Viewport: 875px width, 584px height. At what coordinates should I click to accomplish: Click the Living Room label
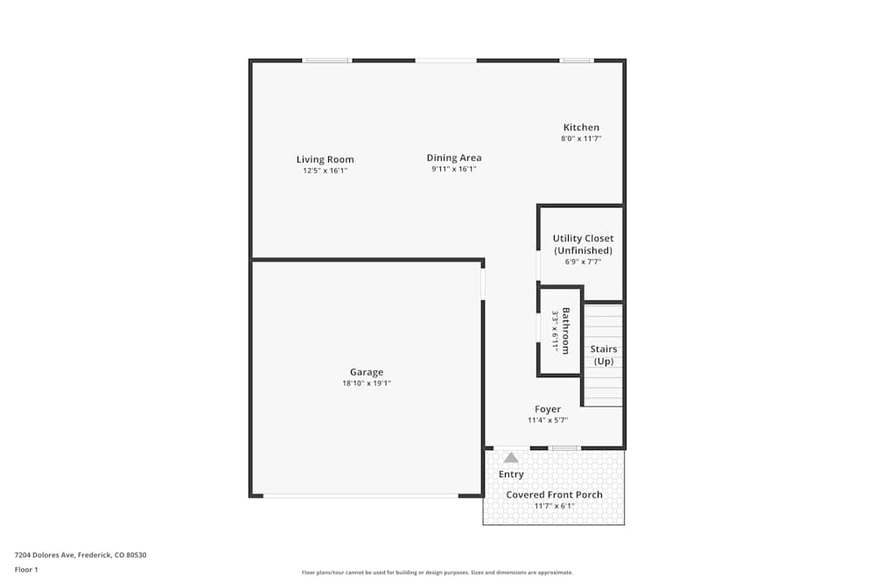[x=325, y=159]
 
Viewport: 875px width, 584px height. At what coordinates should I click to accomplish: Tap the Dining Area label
[x=454, y=158]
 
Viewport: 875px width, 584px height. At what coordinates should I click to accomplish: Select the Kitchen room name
[x=581, y=127]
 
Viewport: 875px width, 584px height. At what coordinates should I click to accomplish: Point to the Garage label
[x=367, y=372]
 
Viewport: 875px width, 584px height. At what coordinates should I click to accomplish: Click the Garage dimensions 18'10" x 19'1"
[x=367, y=383]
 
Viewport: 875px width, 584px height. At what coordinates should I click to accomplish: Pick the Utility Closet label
[x=583, y=238]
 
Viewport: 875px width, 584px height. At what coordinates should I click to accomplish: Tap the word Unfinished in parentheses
[x=583, y=250]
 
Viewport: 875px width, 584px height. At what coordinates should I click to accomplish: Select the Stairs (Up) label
[x=604, y=355]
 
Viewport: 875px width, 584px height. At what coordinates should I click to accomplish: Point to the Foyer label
[x=548, y=409]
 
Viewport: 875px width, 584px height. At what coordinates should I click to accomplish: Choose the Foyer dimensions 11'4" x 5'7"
[x=548, y=420]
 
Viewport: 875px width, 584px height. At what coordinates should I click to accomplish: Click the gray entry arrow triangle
[x=511, y=457]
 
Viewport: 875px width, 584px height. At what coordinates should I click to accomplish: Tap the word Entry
[x=511, y=475]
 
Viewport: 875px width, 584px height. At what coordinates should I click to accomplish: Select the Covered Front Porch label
[x=555, y=495]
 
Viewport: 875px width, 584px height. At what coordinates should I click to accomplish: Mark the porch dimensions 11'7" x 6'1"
[x=555, y=506]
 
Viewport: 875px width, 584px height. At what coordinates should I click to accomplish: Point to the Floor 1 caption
[x=26, y=569]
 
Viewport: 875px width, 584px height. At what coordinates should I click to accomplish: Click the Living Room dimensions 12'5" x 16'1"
[x=325, y=171]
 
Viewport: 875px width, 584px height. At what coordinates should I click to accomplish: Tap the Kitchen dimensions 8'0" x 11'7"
[x=581, y=138]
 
